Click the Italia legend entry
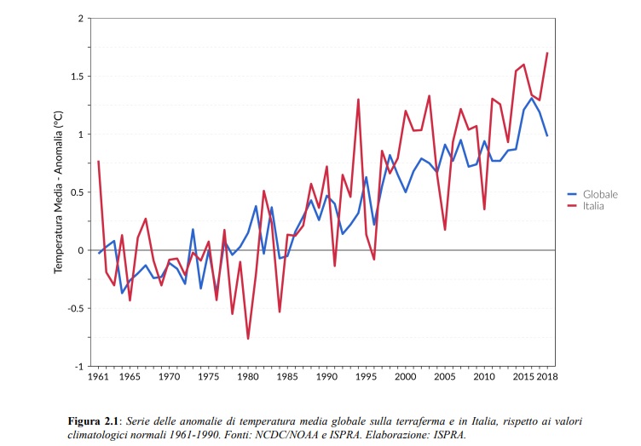(x=590, y=207)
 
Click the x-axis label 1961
(x=99, y=376)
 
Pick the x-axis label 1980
(x=248, y=376)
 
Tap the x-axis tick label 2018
(x=547, y=376)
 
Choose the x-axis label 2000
(x=406, y=376)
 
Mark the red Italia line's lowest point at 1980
(x=248, y=339)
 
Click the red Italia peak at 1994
(x=358, y=100)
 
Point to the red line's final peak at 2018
(x=547, y=54)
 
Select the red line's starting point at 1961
(x=99, y=162)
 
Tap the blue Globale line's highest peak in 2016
(x=531, y=98)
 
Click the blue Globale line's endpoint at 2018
(x=547, y=136)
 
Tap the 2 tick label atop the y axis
(x=80, y=18)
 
